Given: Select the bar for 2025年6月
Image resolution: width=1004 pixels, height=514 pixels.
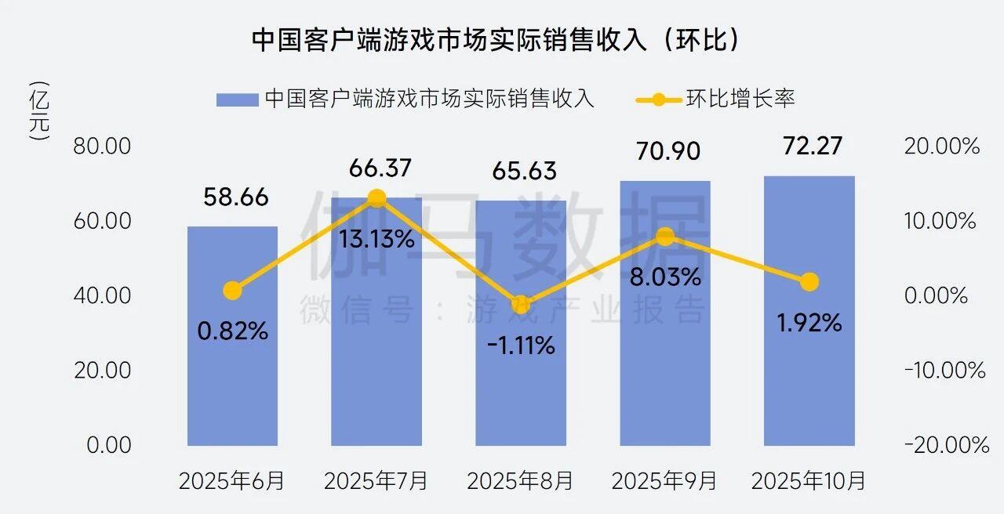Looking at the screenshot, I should [x=232, y=337].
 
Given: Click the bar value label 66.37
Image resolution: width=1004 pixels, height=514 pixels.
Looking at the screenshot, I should [x=376, y=169].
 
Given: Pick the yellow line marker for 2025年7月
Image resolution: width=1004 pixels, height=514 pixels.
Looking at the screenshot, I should [x=376, y=198].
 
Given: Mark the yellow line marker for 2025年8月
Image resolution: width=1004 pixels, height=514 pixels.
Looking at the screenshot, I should [x=521, y=306].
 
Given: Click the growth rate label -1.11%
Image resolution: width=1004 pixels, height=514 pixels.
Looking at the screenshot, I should [x=521, y=345].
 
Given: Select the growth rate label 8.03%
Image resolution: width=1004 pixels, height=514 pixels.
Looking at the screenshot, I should [x=666, y=277].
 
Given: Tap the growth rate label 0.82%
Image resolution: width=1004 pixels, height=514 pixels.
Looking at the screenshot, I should [x=232, y=331].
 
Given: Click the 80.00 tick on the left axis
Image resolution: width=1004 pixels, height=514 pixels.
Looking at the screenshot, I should [x=102, y=147].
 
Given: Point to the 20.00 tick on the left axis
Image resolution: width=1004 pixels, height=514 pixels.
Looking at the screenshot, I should [x=102, y=371].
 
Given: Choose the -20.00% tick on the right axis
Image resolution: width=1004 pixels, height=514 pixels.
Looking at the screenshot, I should [x=946, y=445].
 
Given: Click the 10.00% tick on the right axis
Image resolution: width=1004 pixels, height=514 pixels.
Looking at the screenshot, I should [x=940, y=221].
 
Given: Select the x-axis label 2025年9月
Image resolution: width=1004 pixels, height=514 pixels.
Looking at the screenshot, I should [x=664, y=480].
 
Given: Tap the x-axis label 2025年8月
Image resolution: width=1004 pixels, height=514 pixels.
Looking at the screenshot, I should [x=520, y=480].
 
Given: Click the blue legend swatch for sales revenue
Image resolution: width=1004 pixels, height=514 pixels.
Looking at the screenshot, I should [x=237, y=100].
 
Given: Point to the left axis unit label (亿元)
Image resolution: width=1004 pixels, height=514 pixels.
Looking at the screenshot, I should [x=38, y=110].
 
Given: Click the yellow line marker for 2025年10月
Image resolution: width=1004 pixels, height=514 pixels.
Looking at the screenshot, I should [x=809, y=282].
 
